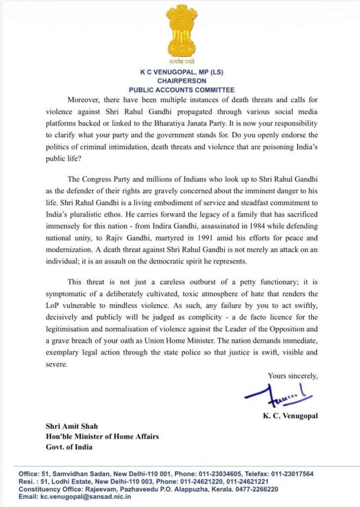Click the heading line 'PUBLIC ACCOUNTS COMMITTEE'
[181, 90]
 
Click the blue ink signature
[277, 395]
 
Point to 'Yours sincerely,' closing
[293, 376]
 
